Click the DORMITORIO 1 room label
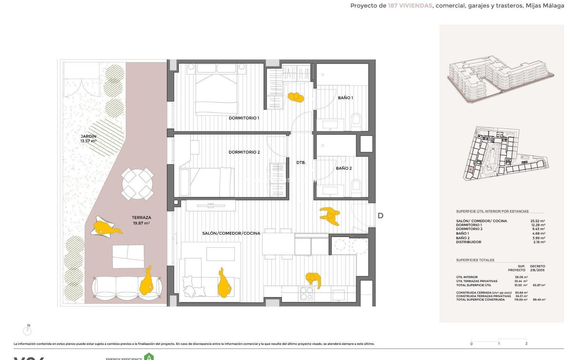[x=244, y=118]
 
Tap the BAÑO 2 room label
[x=343, y=168]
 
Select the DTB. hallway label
[x=301, y=163]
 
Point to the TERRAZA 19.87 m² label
[x=141, y=220]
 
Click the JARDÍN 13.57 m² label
[x=88, y=139]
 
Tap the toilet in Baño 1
[x=356, y=119]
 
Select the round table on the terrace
[x=137, y=184]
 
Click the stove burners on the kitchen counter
[x=307, y=293]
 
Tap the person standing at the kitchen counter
[x=313, y=280]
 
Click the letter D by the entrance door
[x=380, y=216]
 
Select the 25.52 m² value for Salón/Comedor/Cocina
[x=538, y=221]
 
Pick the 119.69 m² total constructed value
[x=521, y=300]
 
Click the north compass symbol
[x=28, y=330]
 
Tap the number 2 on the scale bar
[x=526, y=343]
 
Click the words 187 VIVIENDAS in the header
[x=410, y=6]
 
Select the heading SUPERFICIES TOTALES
[x=475, y=260]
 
